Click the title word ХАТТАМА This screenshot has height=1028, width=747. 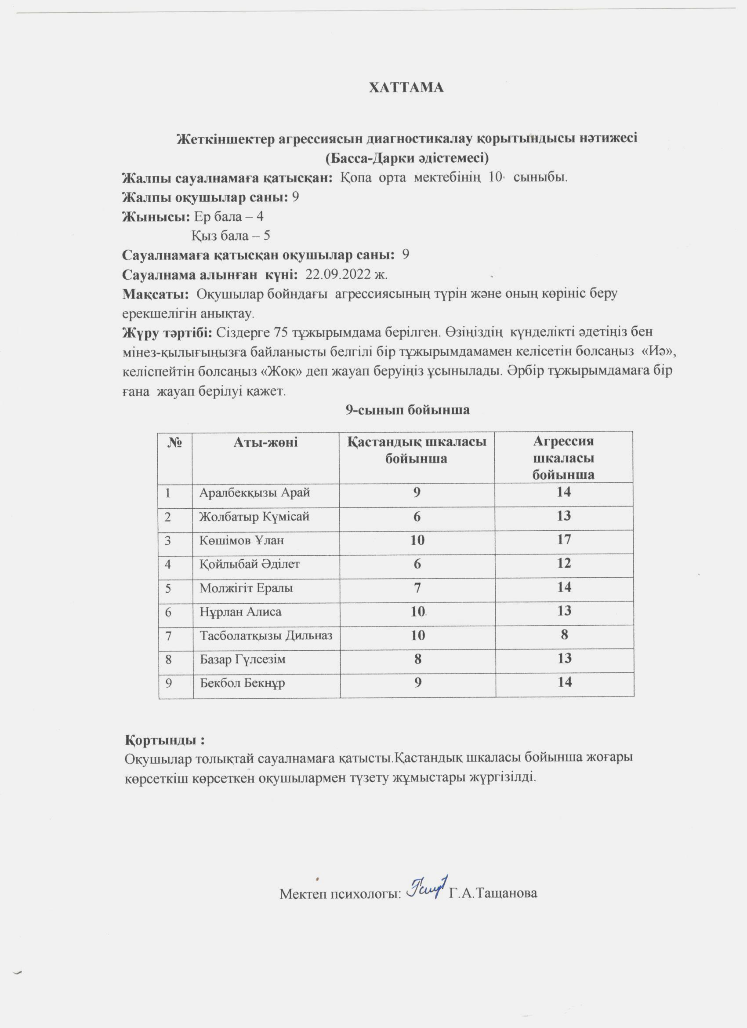pos(406,87)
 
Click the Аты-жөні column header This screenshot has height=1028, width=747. pos(265,442)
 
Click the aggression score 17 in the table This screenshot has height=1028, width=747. pos(564,540)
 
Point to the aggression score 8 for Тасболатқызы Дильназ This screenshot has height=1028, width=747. pos(564,634)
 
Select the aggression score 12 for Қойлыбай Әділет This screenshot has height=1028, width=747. pos(564,563)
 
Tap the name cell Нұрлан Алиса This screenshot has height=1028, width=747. pos(240,612)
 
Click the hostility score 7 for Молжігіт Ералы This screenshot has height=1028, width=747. pos(417,588)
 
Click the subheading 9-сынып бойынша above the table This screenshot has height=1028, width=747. pos(408,410)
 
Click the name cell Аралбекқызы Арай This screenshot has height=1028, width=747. pos(254,492)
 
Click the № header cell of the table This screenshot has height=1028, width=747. pos(175,442)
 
